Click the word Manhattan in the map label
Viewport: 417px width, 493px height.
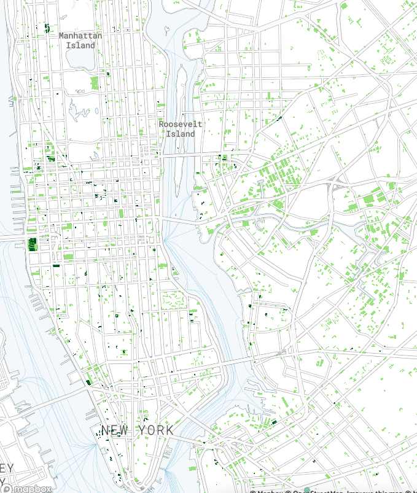(x=80, y=36)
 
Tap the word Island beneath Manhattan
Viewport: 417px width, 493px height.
(x=81, y=45)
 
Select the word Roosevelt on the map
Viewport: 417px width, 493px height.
(x=180, y=124)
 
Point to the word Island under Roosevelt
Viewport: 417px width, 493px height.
(x=180, y=133)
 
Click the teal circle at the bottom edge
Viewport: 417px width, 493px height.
(x=307, y=489)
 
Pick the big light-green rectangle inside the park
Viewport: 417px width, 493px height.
(x=95, y=83)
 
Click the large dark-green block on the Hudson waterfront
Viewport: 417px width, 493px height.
(x=32, y=244)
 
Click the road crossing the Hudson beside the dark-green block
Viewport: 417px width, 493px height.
(x=12, y=236)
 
